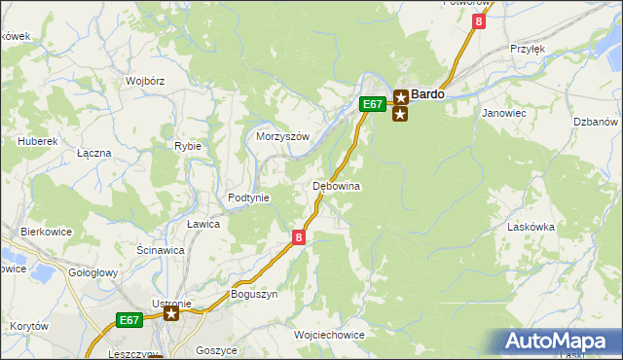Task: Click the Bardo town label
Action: pyautogui.click(x=428, y=94)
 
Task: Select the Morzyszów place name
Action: pyautogui.click(x=282, y=137)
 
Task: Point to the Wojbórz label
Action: pyautogui.click(x=143, y=82)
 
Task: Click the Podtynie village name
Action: pyautogui.click(x=248, y=198)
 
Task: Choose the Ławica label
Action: pyautogui.click(x=203, y=224)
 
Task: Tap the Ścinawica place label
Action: pyautogui.click(x=161, y=250)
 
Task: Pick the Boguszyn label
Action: pyautogui.click(x=254, y=294)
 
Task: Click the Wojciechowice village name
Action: pyautogui.click(x=329, y=335)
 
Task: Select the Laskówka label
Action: pyautogui.click(x=531, y=227)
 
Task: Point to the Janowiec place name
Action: pyautogui.click(x=504, y=113)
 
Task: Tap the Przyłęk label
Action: pyautogui.click(x=527, y=48)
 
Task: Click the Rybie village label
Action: pyautogui.click(x=188, y=146)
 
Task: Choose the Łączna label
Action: pyautogui.click(x=94, y=154)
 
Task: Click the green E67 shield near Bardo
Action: pyautogui.click(x=371, y=103)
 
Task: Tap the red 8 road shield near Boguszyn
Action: pyautogui.click(x=299, y=236)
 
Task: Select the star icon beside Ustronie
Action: pyautogui.click(x=171, y=313)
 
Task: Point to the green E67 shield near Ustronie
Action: pyautogui.click(x=129, y=319)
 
